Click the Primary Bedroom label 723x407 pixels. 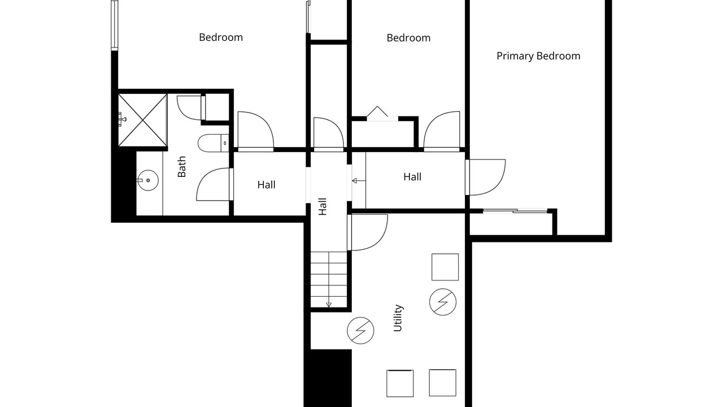pos(538,56)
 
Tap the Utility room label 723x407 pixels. pos(398,318)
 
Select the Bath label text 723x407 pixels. pos(182,167)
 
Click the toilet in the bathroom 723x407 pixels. pos(213,143)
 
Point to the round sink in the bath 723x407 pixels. pos(148,180)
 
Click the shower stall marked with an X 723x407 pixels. pos(143,120)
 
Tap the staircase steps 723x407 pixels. pos(329,279)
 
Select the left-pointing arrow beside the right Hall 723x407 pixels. pos(359,181)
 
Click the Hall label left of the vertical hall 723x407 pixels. pos(266,185)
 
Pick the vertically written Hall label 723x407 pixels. pos(323,207)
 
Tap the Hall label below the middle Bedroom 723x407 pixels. pos(412,177)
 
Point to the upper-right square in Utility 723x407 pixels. pos(445,267)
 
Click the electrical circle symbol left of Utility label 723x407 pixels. pos(360,331)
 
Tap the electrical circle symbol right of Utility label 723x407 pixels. pos(443,302)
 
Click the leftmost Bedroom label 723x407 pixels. pos(221,37)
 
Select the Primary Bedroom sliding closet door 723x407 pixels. pos(515,211)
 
